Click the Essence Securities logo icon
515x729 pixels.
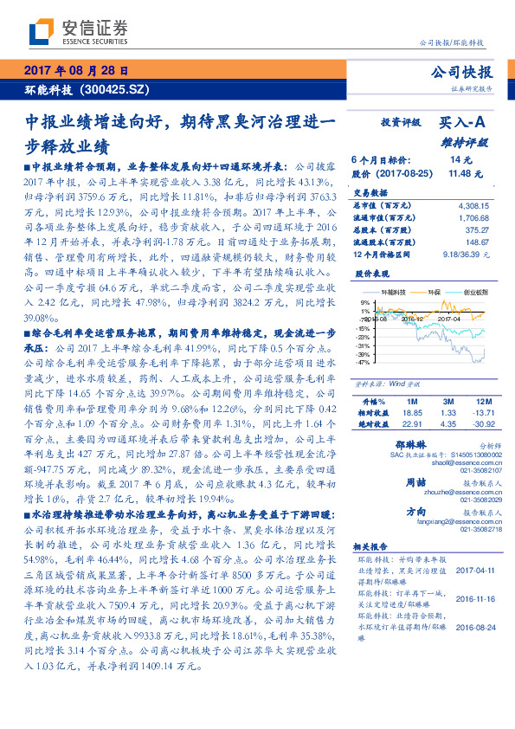(40, 32)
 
